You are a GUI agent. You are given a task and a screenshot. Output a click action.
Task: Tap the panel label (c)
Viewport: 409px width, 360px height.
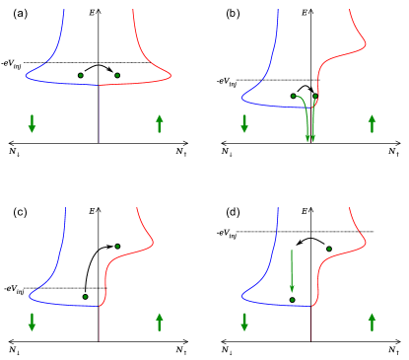pyautogui.click(x=18, y=212)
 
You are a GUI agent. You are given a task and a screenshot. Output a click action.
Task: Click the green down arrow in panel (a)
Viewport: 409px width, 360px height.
pyautogui.click(x=33, y=123)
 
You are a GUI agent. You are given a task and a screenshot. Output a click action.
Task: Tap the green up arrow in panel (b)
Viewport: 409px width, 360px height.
pyautogui.click(x=372, y=123)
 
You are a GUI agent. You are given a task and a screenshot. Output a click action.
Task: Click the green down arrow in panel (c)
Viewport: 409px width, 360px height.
pyautogui.click(x=33, y=322)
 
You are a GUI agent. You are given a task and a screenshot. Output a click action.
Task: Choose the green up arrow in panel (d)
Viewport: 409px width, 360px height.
pyautogui.click(x=372, y=322)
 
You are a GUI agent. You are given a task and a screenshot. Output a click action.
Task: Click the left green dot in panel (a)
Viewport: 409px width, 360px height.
pyautogui.click(x=81, y=75)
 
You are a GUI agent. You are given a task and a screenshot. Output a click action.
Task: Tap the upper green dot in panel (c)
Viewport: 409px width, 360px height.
pyautogui.click(x=117, y=246)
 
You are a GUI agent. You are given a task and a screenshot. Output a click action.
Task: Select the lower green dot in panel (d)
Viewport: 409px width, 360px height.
pyautogui.click(x=293, y=298)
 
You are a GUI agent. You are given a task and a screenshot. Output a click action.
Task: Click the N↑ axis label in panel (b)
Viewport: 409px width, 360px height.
pyautogui.click(x=391, y=153)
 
